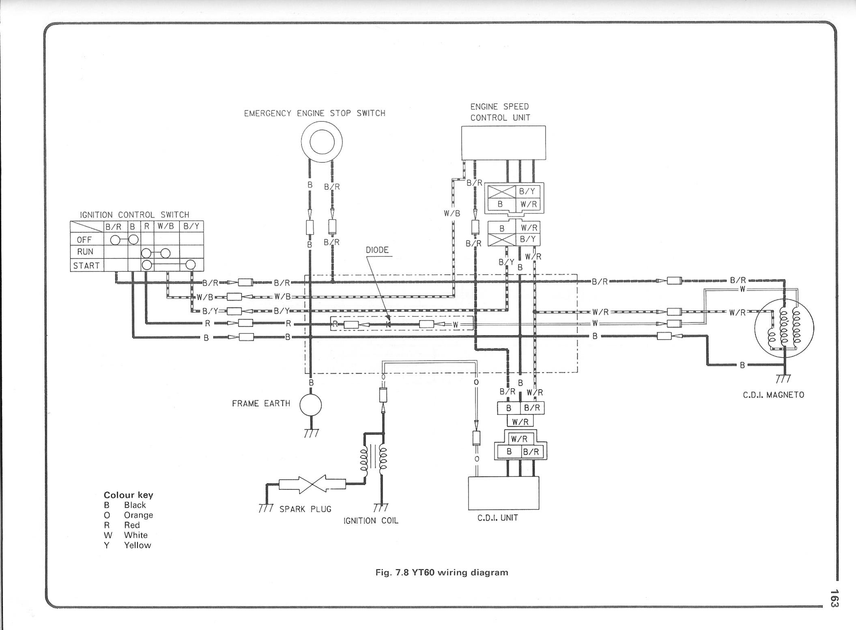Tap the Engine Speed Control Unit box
[x=503, y=143]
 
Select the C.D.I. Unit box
[x=503, y=493]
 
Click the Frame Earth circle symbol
[x=310, y=405]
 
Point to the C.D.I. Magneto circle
[x=784, y=328]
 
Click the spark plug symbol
[x=312, y=484]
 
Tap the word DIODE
[x=377, y=250]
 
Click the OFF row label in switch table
[x=84, y=239]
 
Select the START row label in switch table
[x=86, y=266]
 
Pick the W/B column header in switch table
[x=166, y=226]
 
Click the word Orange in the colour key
[x=138, y=515]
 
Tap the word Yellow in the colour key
[x=137, y=545]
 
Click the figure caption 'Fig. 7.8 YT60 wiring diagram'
[x=442, y=572]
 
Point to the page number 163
[x=834, y=598]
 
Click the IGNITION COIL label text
[x=371, y=520]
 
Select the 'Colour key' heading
[x=128, y=495]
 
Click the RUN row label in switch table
[x=85, y=252]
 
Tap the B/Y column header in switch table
[x=191, y=226]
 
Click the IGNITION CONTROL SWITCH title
[x=134, y=215]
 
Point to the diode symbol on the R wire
[x=388, y=324]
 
